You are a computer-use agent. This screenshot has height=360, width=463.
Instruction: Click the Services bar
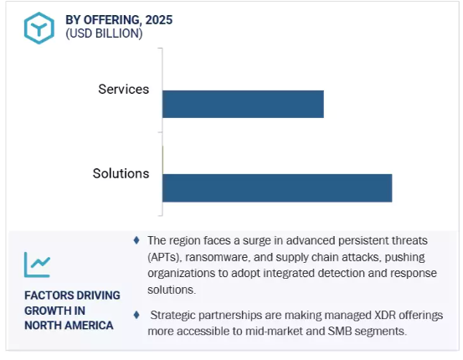243,104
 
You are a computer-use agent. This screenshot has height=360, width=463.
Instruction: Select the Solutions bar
277,188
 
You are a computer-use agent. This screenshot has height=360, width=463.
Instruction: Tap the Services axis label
124,90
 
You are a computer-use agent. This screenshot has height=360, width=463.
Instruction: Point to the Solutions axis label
121,173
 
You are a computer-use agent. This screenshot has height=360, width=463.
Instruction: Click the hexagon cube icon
39,28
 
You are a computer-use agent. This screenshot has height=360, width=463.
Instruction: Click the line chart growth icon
37,265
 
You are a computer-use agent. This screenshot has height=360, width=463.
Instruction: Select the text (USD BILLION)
104,33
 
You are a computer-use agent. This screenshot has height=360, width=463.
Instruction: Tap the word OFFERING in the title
111,20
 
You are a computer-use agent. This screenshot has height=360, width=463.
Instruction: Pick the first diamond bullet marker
136,240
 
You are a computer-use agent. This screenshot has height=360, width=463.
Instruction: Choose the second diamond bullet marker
136,315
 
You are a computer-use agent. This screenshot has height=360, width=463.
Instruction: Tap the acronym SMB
340,331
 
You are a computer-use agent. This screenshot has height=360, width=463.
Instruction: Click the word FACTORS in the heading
45,296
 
